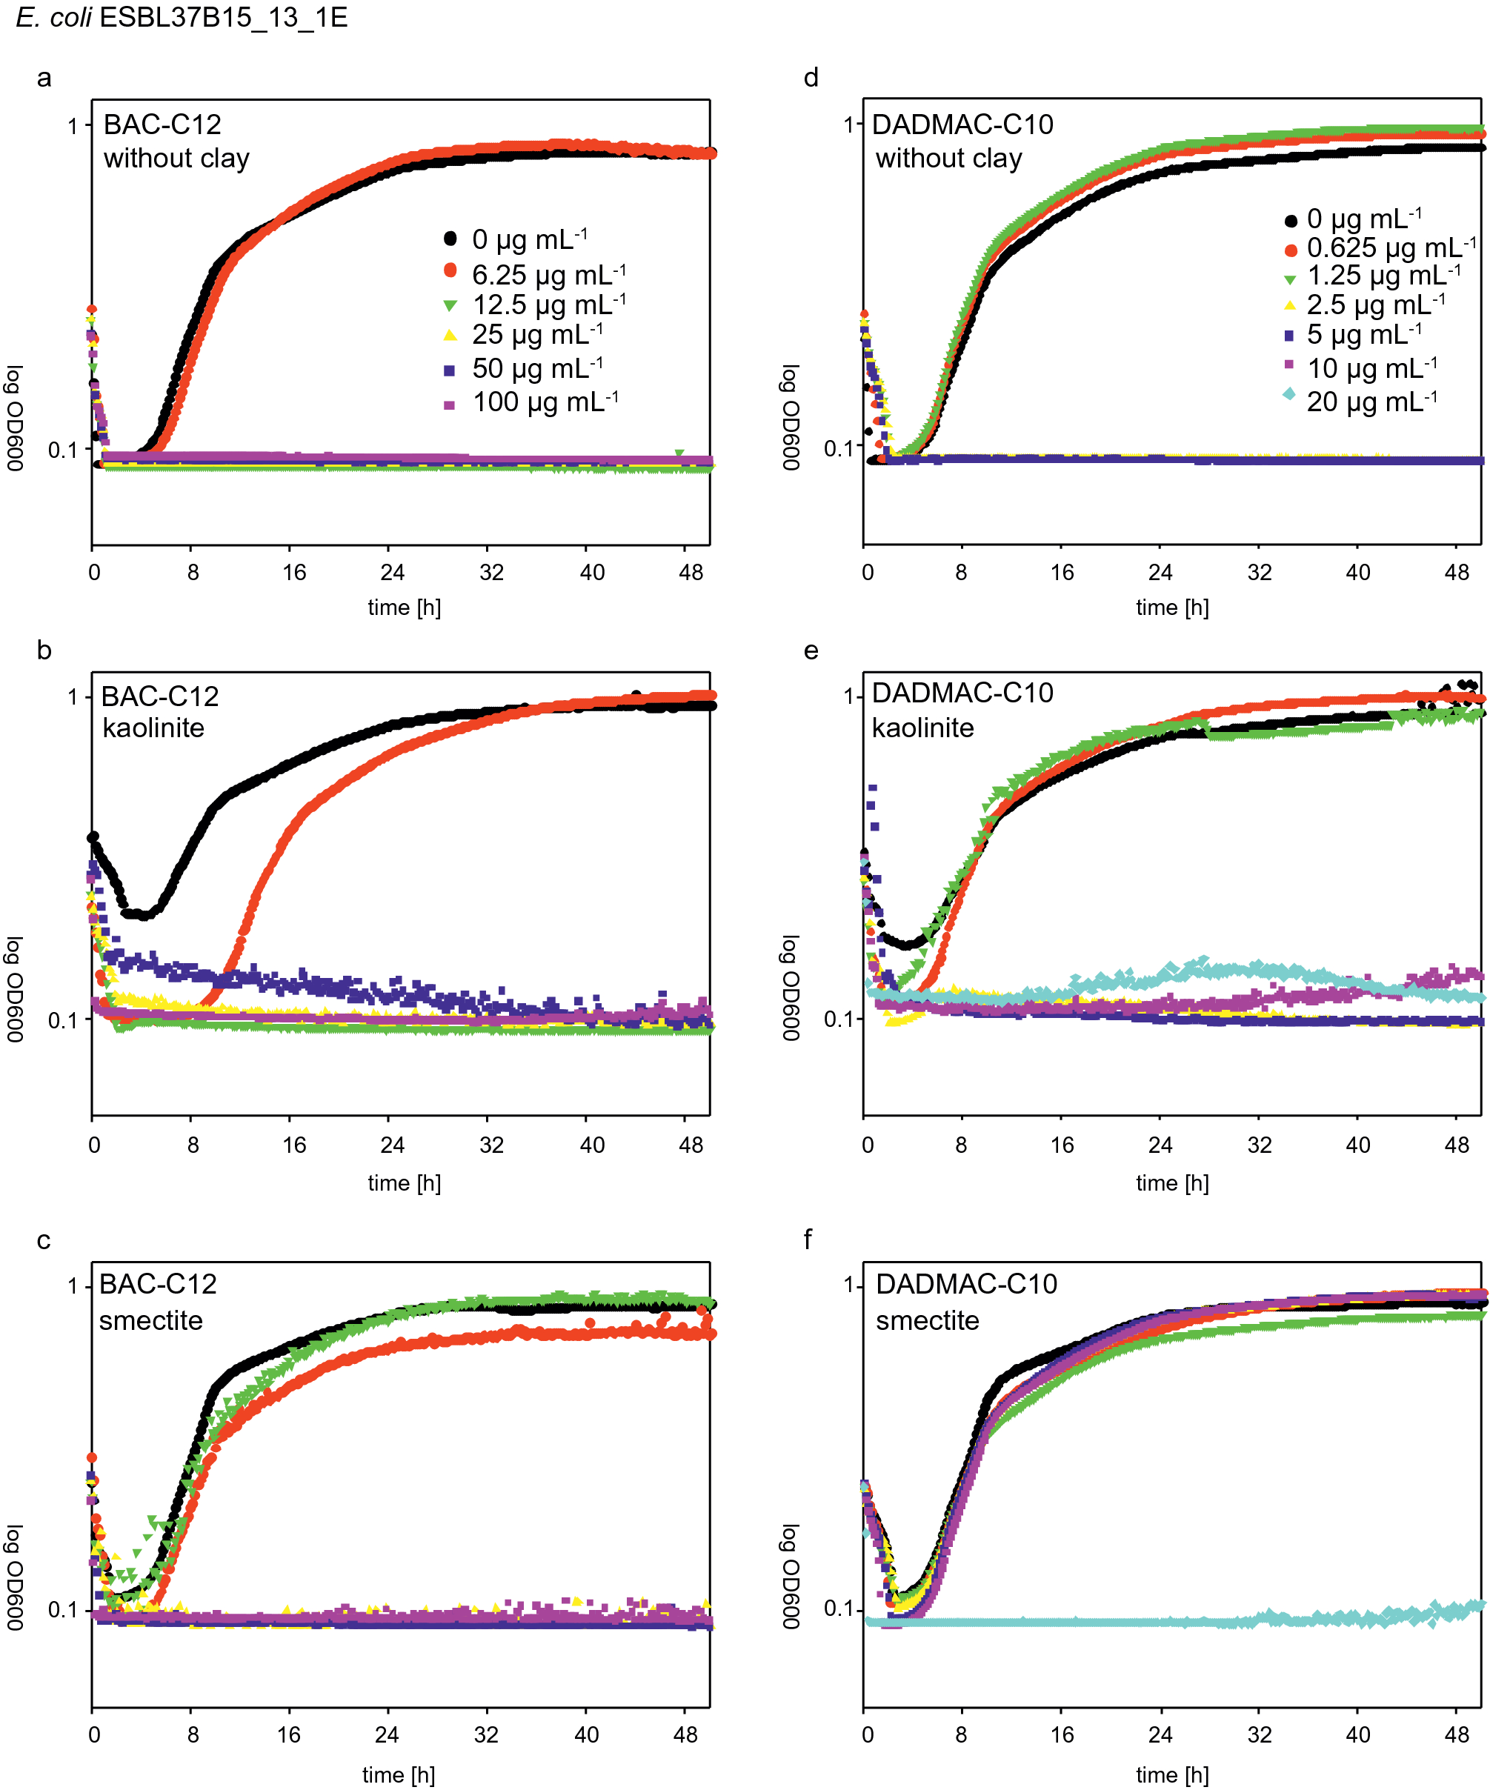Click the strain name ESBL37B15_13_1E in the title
(x=223, y=18)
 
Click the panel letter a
(x=44, y=79)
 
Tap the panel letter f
(x=808, y=1240)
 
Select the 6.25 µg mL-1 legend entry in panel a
(x=548, y=274)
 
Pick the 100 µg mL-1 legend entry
(x=545, y=402)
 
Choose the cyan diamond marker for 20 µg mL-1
(x=1288, y=394)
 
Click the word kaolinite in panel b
(x=153, y=728)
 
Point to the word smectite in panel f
(x=928, y=1320)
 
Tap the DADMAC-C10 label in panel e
(x=962, y=693)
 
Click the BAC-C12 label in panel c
(x=159, y=1284)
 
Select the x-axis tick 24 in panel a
(x=392, y=572)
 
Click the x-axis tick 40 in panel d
(x=1358, y=572)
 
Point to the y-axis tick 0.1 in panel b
(x=63, y=1019)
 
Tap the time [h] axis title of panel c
(x=398, y=1774)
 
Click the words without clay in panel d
(x=948, y=159)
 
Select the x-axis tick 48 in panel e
(x=1457, y=1145)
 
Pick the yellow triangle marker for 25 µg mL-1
(x=450, y=335)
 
